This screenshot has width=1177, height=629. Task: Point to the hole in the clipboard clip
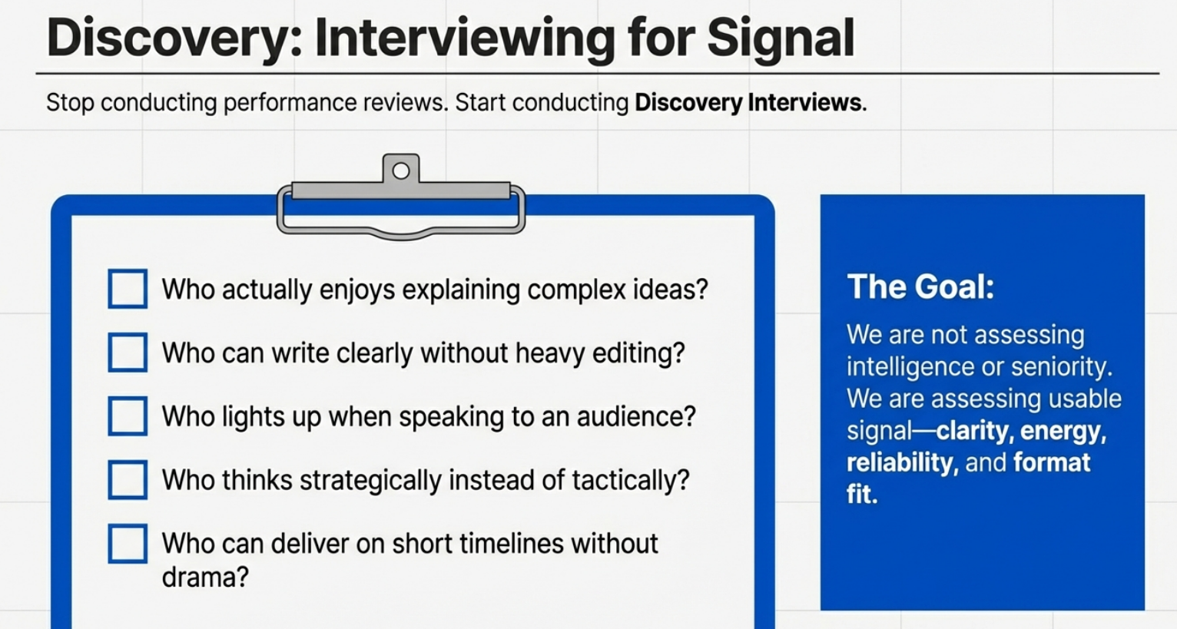(x=401, y=170)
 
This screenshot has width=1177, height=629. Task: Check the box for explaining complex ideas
(x=128, y=289)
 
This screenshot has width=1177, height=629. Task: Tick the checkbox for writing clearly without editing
(x=128, y=352)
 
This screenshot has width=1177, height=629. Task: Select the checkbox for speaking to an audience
(x=128, y=416)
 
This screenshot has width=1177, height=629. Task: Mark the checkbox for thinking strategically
(x=128, y=480)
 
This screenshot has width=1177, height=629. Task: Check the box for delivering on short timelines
(x=128, y=543)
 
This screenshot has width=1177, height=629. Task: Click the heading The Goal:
(x=920, y=287)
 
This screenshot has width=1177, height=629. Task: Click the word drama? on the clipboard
(x=205, y=577)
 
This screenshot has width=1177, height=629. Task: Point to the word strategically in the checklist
(x=370, y=480)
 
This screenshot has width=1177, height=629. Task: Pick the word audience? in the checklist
(x=636, y=417)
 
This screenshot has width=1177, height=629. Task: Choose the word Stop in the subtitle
(x=70, y=103)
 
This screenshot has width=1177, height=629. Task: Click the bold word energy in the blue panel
(x=1063, y=432)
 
